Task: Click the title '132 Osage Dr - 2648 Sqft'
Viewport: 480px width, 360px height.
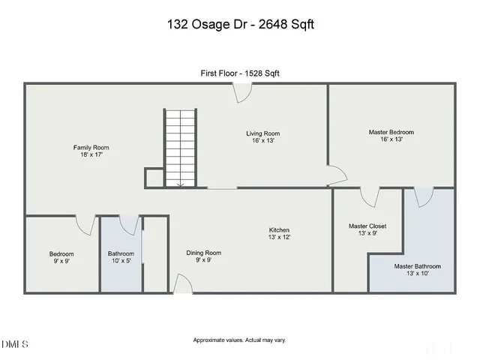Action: [x=240, y=25]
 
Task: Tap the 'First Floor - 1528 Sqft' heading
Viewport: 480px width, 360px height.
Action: [x=240, y=73]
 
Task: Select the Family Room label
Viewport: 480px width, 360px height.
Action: [x=91, y=151]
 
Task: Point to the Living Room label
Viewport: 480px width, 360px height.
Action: [x=262, y=137]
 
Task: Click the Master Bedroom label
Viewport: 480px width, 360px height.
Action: [x=391, y=136]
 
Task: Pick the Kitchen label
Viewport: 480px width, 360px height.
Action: [x=279, y=233]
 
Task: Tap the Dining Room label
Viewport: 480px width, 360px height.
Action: [x=204, y=256]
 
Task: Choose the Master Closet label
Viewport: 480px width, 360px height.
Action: [x=367, y=229]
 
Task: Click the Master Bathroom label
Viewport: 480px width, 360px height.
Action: [x=418, y=270]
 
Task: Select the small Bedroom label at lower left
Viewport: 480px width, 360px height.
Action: [x=61, y=257]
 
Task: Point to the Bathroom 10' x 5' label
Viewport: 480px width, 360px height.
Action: [x=121, y=257]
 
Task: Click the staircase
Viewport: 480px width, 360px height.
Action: [x=179, y=147]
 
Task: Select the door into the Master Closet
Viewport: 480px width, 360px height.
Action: [x=369, y=196]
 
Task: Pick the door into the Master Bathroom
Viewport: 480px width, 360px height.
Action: [x=424, y=196]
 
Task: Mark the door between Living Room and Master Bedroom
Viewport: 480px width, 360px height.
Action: [x=335, y=175]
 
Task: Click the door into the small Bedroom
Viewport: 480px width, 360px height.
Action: [x=85, y=224]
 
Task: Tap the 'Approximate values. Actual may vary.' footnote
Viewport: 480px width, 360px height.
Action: [x=240, y=340]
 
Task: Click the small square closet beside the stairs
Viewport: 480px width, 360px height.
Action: [x=154, y=178]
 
